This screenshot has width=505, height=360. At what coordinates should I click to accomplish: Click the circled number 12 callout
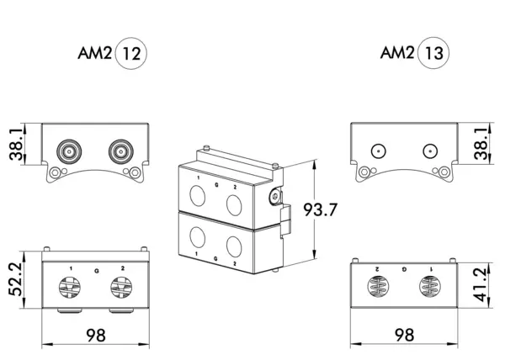click(130, 53)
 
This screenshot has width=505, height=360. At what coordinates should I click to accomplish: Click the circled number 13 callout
click(433, 53)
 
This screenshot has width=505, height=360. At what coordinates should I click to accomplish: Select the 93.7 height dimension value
click(320, 209)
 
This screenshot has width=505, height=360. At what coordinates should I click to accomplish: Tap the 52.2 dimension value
click(15, 279)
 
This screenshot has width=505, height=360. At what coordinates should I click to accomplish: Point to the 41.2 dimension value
click(481, 285)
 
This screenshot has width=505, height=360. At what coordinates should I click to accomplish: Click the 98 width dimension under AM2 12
click(96, 336)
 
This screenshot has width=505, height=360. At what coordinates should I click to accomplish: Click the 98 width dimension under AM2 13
click(404, 335)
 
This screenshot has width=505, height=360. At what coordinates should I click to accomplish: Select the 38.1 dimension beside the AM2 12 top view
click(16, 144)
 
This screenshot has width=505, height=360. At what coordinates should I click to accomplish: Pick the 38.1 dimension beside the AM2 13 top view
click(481, 144)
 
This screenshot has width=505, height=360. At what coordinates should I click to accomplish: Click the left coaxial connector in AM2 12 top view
click(69, 151)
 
